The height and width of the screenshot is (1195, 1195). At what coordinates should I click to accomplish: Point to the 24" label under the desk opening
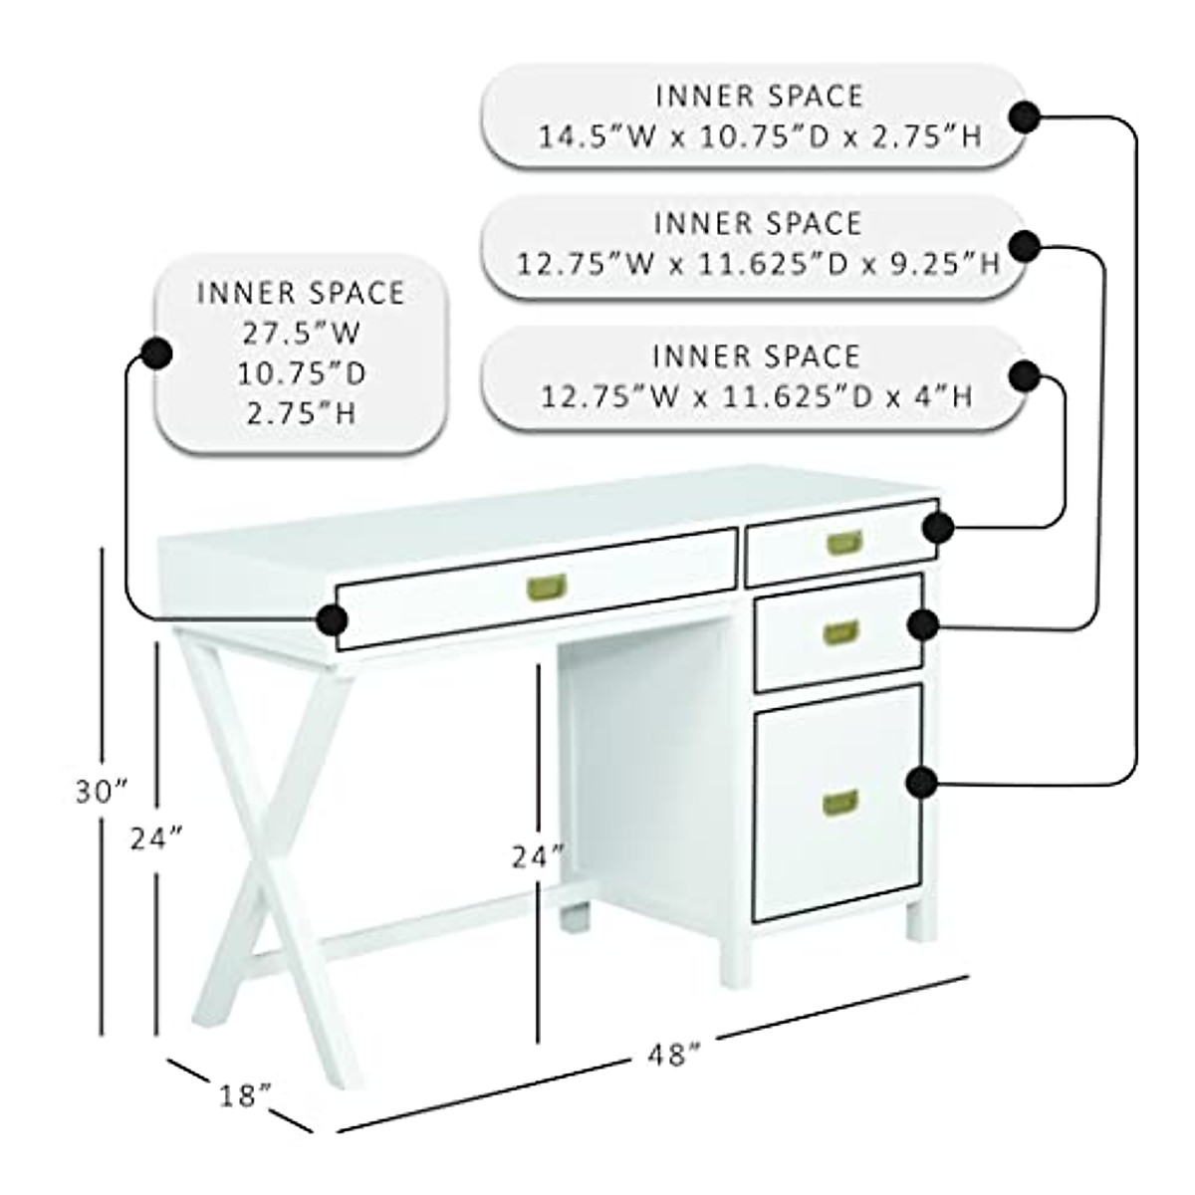(538, 855)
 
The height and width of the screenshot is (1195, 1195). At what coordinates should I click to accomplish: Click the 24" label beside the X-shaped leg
(157, 838)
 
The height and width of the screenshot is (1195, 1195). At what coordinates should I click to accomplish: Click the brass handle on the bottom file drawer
(840, 802)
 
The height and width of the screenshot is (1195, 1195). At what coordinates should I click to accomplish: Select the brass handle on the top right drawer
(843, 543)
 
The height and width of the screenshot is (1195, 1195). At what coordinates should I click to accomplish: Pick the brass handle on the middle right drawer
(840, 631)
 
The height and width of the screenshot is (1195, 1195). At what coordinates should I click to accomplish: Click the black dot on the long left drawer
(332, 619)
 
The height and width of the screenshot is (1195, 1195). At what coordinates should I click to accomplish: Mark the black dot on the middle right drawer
(923, 624)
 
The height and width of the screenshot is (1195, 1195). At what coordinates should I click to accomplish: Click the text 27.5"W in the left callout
(302, 333)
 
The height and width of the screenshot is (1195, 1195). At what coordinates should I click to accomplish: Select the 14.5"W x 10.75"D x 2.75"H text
(760, 136)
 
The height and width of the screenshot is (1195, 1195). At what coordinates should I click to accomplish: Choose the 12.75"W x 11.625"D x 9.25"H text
(758, 264)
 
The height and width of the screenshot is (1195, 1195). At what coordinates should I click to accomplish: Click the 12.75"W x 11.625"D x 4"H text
(756, 396)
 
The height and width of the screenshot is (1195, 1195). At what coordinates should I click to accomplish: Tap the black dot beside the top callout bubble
(1024, 118)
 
